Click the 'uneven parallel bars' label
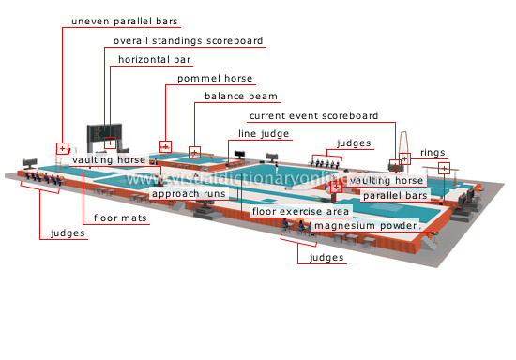[x=124, y=21]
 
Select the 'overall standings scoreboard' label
[x=187, y=41]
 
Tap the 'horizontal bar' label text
[x=155, y=60]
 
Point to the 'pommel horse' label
[x=215, y=79]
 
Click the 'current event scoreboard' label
[x=313, y=116]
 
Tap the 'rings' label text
[x=433, y=152]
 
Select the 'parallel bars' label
[x=395, y=196]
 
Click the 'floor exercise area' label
[x=301, y=212]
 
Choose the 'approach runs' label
[x=189, y=194]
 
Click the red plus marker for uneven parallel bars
[x=63, y=148]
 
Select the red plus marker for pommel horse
[x=165, y=146]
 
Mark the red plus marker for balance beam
[x=194, y=151]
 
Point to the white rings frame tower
[x=405, y=145]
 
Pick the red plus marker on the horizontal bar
[x=111, y=143]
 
